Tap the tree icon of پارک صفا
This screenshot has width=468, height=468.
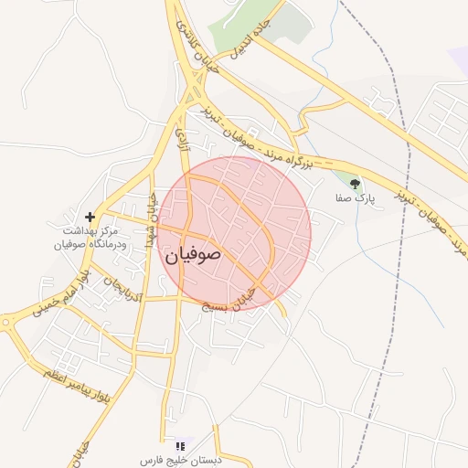(x=355, y=185)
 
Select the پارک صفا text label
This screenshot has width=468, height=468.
(x=355, y=197)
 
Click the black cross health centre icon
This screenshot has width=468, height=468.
(x=90, y=218)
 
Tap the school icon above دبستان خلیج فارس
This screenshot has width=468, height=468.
(x=179, y=444)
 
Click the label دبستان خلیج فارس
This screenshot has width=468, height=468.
(x=178, y=459)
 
